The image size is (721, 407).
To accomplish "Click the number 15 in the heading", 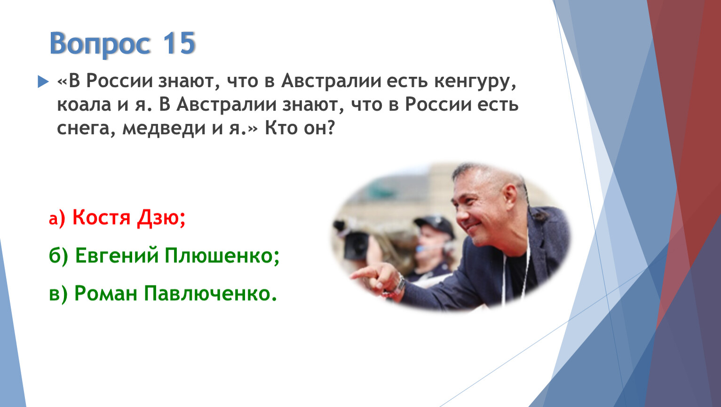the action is (x=179, y=43).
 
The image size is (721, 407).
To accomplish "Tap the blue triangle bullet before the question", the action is (x=43, y=81).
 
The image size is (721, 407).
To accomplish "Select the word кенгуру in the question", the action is (x=475, y=81).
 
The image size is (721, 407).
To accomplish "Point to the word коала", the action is (x=84, y=105).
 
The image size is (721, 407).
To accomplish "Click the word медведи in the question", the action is (x=164, y=128).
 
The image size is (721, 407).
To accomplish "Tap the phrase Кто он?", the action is (x=300, y=128).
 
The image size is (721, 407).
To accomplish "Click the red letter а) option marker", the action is (x=57, y=218).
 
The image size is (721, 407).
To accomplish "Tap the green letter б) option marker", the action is (x=58, y=256).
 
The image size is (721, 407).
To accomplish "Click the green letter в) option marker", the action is (x=58, y=294).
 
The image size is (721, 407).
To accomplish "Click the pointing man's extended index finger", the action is (x=364, y=274).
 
